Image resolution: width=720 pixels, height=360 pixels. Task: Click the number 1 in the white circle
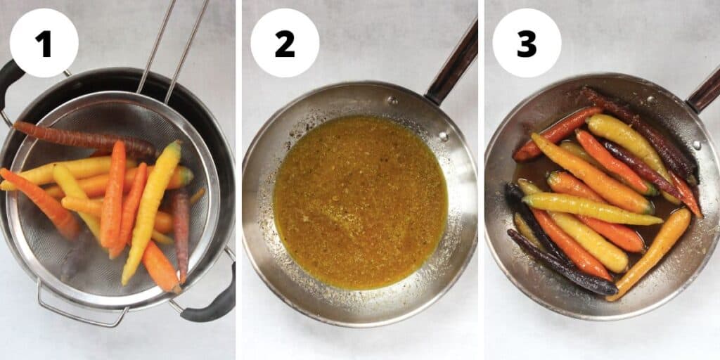pyautogui.click(x=44, y=44)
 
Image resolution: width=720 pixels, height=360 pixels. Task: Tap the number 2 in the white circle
pyautogui.click(x=285, y=44)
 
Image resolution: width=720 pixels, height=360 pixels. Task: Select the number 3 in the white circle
pyautogui.click(x=527, y=44)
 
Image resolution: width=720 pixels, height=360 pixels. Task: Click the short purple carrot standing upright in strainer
pyautogui.click(x=182, y=232)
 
